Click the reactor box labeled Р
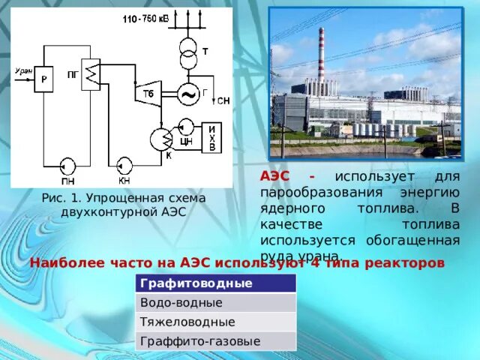(x=43, y=79)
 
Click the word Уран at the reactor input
(x=23, y=71)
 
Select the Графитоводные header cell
(x=215, y=283)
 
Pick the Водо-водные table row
(x=215, y=303)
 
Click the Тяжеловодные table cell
(x=215, y=322)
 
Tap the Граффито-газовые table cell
(x=215, y=341)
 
